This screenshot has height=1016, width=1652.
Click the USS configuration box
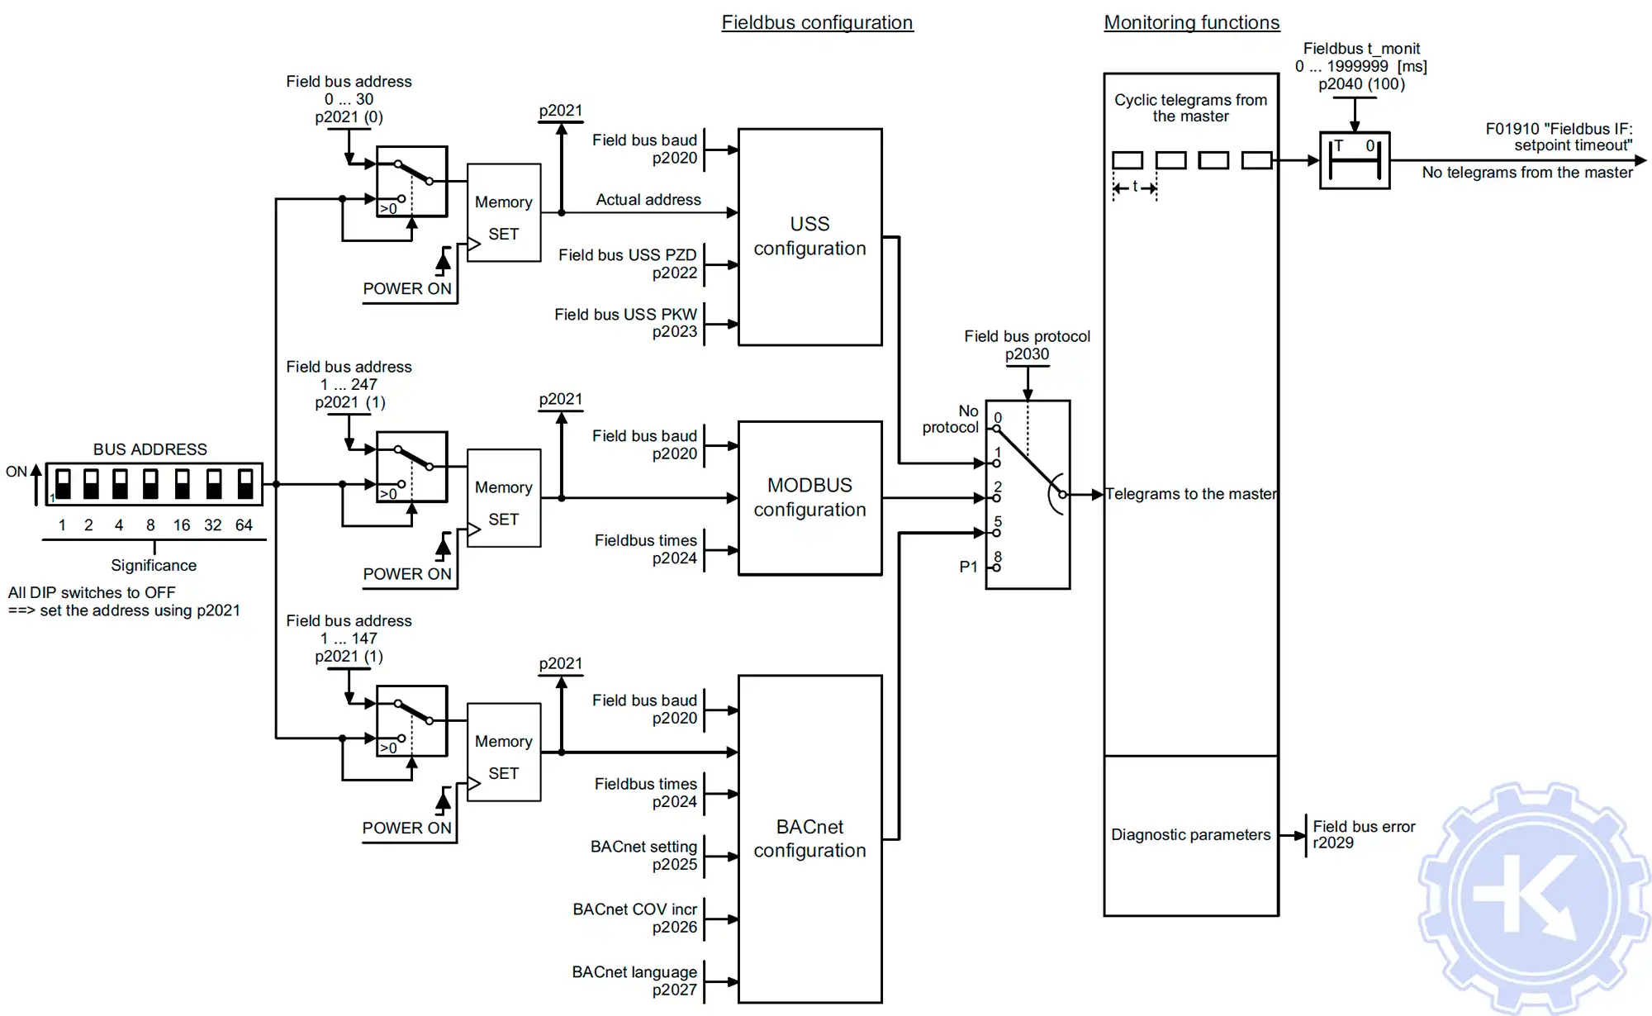tap(809, 236)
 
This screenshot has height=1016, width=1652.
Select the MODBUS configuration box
tap(809, 497)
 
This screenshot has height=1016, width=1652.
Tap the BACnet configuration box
tap(809, 838)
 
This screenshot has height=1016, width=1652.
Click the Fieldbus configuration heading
tap(817, 22)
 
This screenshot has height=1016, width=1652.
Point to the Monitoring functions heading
tap(1191, 22)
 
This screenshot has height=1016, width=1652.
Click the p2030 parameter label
tap(1027, 354)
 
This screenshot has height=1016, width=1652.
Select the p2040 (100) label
tap(1361, 84)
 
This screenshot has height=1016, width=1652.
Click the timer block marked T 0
tap(1355, 160)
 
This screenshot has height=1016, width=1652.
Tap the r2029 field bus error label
tap(1333, 843)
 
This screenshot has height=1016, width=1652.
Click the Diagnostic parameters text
tap(1190, 834)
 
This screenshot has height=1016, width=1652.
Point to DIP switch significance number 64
tap(244, 525)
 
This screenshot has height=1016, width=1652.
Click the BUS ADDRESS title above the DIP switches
tap(150, 449)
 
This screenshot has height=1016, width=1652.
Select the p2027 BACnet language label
tap(674, 990)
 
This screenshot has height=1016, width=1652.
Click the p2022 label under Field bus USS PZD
tap(674, 273)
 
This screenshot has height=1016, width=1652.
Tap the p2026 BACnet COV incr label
tap(674, 927)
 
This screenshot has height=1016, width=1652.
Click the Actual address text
tap(648, 200)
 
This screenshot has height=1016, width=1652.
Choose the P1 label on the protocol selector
tap(968, 567)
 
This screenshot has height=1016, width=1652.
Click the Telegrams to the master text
tap(1191, 494)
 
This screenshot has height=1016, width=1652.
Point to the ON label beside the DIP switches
tap(17, 472)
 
